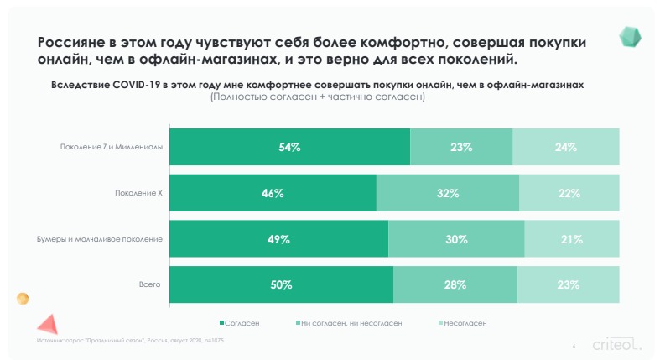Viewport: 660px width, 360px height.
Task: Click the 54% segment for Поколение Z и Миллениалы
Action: pyautogui.click(x=289, y=147)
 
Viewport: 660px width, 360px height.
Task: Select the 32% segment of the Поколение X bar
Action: pyautogui.click(x=447, y=193)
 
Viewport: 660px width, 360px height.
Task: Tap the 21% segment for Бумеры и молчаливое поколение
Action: pyautogui.click(x=572, y=239)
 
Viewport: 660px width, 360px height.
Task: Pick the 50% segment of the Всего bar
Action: pyautogui.click(x=281, y=284)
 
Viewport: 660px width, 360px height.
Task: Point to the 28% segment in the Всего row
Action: pyautogui.click(x=455, y=284)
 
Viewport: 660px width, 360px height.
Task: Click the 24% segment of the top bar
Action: pyautogui.click(x=566, y=147)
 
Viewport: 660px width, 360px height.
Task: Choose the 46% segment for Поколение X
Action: pyautogui.click(x=273, y=193)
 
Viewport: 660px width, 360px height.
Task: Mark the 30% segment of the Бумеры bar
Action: pyautogui.click(x=456, y=239)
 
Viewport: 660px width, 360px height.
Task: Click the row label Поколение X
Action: pyautogui.click(x=138, y=193)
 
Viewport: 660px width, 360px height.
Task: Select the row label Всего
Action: pyautogui.click(x=149, y=284)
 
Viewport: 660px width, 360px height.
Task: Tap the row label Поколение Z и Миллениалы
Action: pyautogui.click(x=111, y=148)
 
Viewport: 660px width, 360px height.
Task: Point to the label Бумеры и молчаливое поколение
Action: pyautogui.click(x=105, y=239)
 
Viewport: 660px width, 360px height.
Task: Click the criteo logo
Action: pyautogui.click(x=616, y=344)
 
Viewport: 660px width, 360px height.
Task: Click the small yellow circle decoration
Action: pyautogui.click(x=23, y=299)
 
